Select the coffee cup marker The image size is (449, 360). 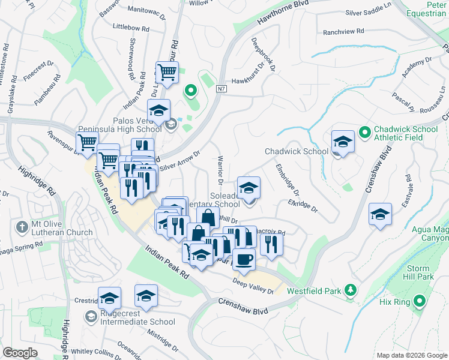(x=244, y=259)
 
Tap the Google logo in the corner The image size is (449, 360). (x=20, y=353)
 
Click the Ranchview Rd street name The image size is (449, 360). (x=343, y=31)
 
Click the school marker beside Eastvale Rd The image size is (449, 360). (x=381, y=215)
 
